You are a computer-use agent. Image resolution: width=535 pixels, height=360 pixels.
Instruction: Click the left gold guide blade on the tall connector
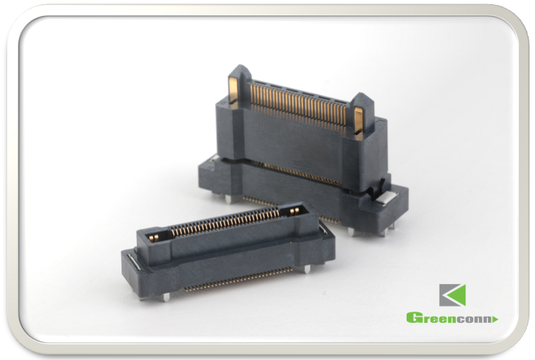tap(233, 90)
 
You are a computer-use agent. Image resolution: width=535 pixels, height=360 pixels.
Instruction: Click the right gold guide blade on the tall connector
tap(358, 119)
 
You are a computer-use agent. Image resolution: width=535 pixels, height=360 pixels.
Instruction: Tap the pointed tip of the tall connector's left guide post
tap(240, 65)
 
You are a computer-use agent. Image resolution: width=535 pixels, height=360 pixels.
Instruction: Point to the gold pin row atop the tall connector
tap(298, 101)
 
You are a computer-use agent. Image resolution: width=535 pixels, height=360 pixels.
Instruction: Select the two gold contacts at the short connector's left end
tap(154, 237)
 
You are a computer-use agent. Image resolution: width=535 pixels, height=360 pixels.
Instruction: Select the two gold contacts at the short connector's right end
tap(294, 212)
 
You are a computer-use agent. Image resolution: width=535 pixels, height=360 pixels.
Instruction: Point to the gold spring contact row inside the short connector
tap(225, 223)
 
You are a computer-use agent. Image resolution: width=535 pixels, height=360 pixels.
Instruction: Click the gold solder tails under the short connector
tap(239, 279)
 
